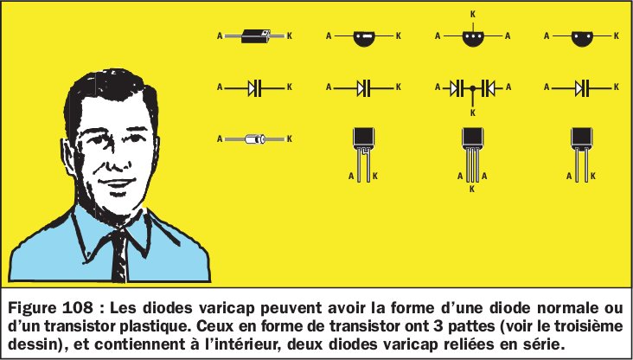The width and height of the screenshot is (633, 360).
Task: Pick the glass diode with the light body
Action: (254, 138)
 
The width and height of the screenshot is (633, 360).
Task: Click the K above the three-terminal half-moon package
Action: (471, 14)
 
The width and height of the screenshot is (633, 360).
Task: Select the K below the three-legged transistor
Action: (471, 188)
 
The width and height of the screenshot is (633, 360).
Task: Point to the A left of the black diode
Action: (220, 36)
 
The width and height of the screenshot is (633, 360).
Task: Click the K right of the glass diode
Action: (290, 138)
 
